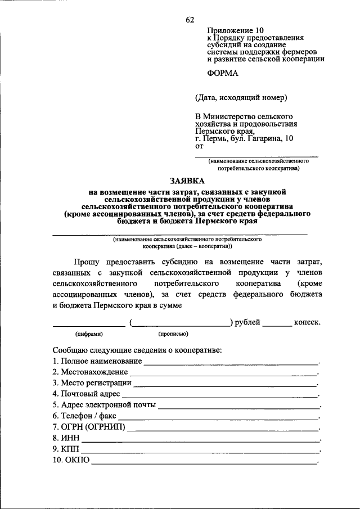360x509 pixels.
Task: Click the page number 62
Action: coord(190,21)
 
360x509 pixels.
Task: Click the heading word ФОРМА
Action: coord(223,73)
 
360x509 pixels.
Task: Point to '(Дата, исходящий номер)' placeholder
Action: coord(241,98)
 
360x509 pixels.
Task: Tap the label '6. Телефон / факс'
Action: coord(84,416)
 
